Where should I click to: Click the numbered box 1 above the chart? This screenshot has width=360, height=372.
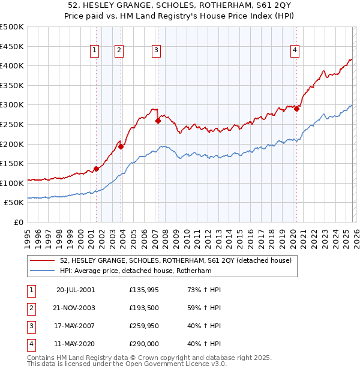[x=95, y=51]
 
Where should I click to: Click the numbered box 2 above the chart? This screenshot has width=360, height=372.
[x=119, y=51]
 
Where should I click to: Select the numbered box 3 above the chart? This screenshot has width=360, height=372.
[x=156, y=51]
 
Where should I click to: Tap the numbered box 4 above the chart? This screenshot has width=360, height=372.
[x=295, y=51]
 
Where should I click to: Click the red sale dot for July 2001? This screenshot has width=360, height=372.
[x=96, y=169]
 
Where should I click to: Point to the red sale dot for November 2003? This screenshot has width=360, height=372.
[x=121, y=146]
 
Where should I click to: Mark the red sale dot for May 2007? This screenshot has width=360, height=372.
[x=158, y=120]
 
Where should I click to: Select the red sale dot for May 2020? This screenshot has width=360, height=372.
[x=296, y=109]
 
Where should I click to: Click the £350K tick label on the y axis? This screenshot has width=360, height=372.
[x=13, y=85]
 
